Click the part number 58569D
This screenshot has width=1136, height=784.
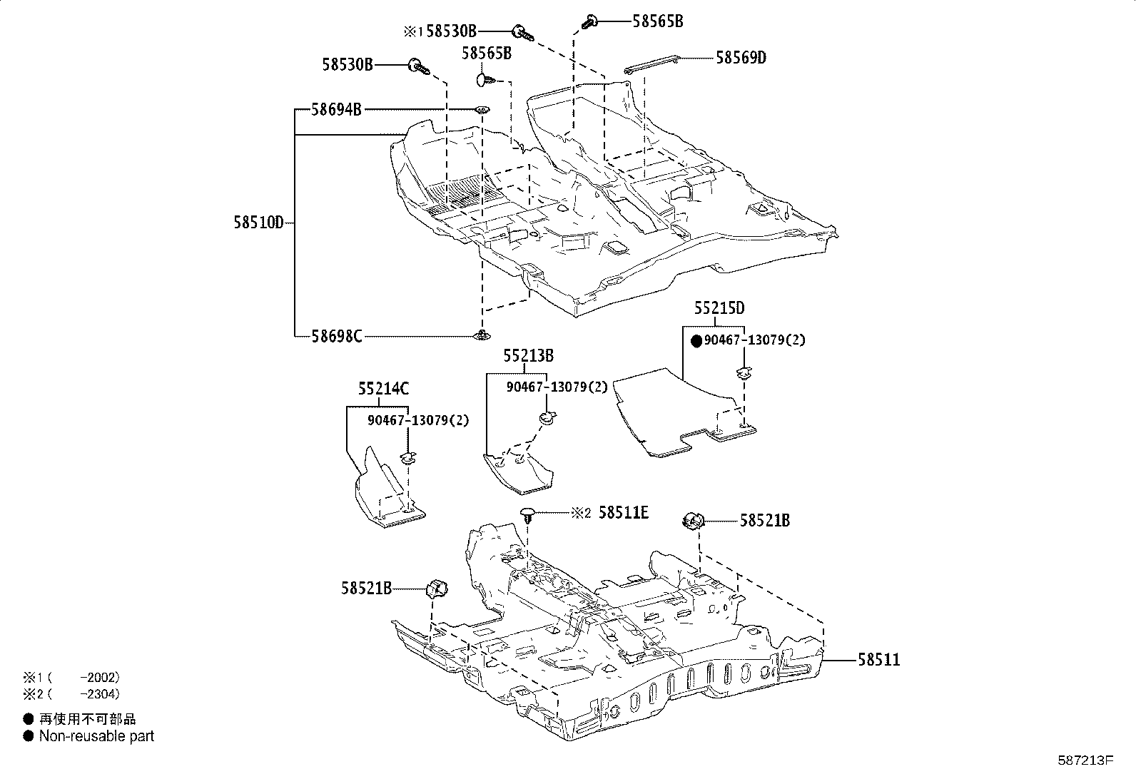[741, 58]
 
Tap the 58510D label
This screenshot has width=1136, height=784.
[258, 223]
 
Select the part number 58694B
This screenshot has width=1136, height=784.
[336, 110]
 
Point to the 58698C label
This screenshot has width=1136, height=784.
[337, 336]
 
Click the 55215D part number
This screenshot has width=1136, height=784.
[719, 307]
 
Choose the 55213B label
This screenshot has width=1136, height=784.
[529, 355]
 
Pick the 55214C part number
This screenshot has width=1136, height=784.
[383, 389]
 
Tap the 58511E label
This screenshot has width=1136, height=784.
[623, 513]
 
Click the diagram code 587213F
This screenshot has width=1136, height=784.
[1085, 760]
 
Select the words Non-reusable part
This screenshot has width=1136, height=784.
[96, 735]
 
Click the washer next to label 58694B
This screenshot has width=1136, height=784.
[482, 110]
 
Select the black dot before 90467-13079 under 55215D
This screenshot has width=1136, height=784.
[697, 341]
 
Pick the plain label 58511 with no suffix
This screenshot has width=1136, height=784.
[879, 660]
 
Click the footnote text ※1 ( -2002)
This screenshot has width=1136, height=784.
[71, 678]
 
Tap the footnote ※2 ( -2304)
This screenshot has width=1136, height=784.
[71, 693]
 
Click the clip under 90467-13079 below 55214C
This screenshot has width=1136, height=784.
[407, 458]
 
